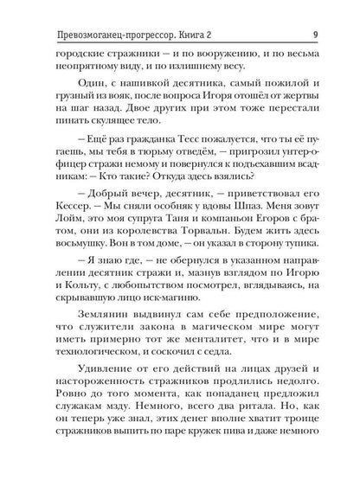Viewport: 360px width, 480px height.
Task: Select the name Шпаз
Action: tap(254, 220)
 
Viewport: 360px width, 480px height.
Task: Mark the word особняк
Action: tap(183, 220)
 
